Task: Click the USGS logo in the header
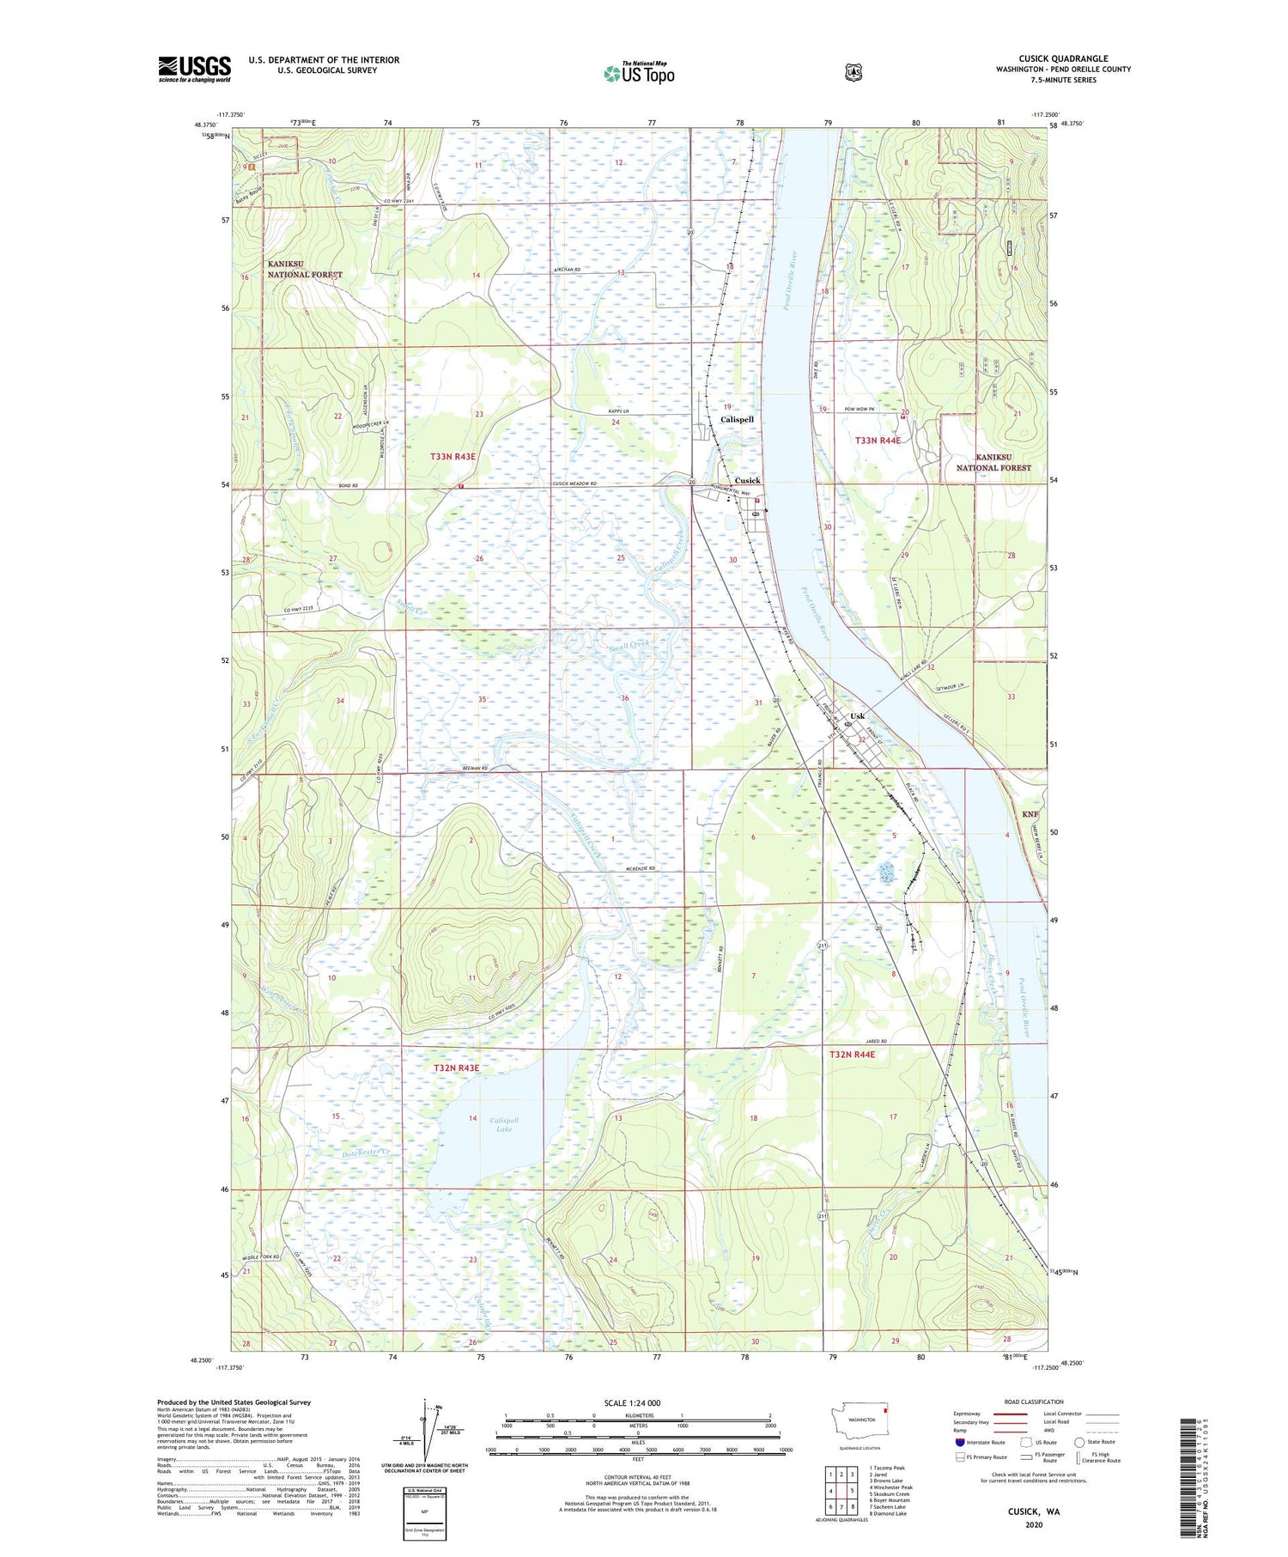(194, 69)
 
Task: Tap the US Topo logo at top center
(639, 73)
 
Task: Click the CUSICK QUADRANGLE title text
(1063, 59)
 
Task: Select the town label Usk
(857, 715)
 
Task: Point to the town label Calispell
(737, 419)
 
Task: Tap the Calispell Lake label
(504, 1124)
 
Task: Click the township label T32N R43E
(456, 1067)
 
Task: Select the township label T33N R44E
(878, 440)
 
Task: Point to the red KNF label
(1030, 813)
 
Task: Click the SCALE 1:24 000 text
(632, 1402)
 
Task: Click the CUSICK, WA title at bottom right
(1034, 1511)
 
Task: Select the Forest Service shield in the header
(853, 73)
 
